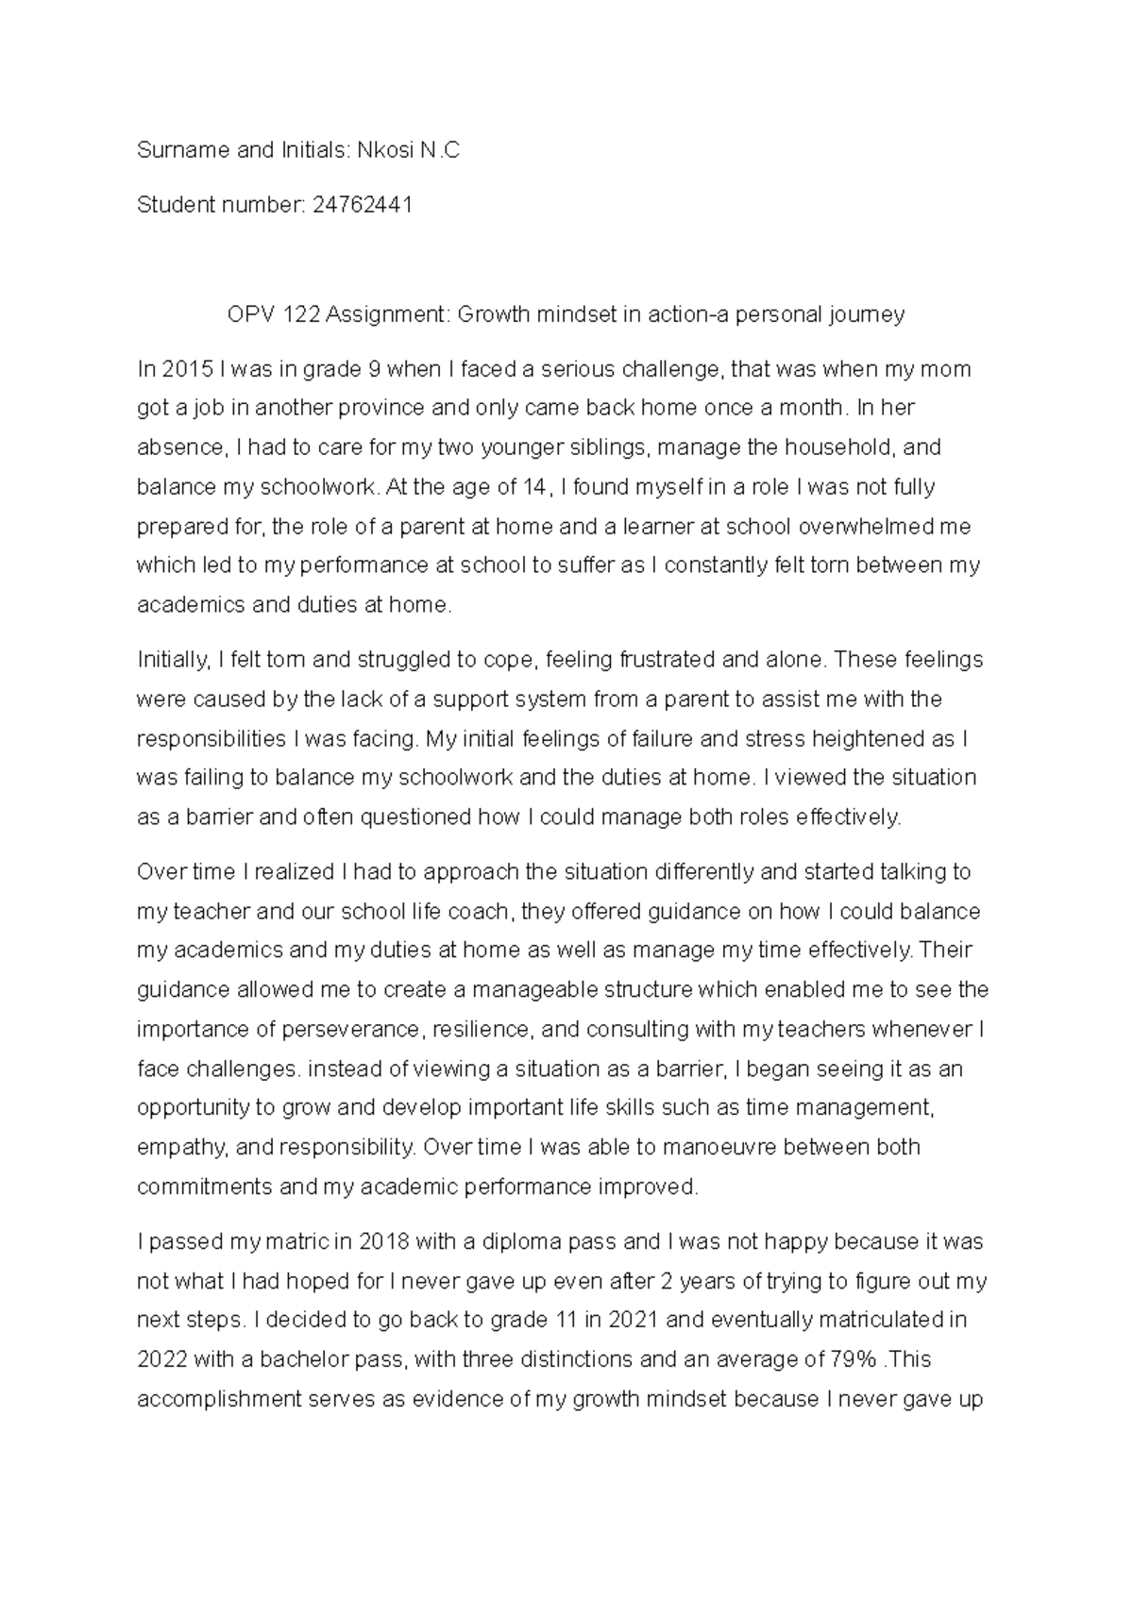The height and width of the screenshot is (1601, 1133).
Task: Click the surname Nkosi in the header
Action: coord(384,150)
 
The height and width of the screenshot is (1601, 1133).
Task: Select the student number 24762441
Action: coord(362,205)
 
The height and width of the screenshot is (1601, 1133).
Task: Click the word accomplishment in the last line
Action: coord(218,1399)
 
